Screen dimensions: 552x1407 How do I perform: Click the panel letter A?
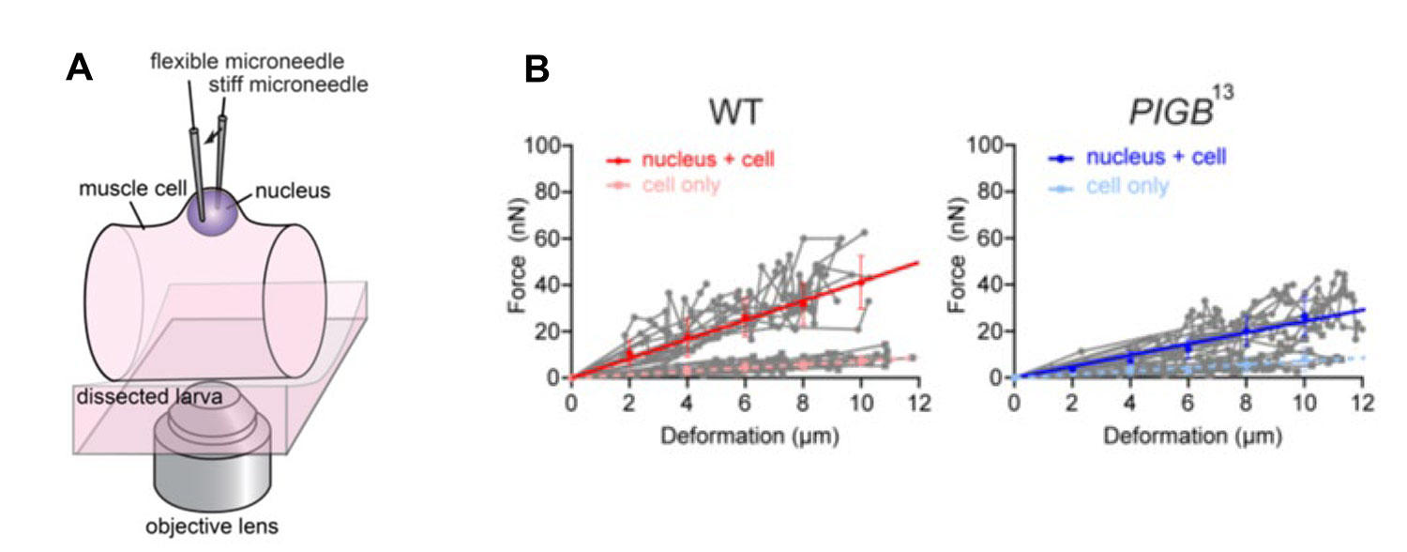pos(81,68)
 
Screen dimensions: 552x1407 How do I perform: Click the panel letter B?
pos(536,68)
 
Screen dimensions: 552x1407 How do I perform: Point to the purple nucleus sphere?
pos(211,208)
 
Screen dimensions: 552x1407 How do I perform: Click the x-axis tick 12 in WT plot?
pos(918,402)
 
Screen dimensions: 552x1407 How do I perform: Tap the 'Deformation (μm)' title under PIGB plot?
pos(1187,437)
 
